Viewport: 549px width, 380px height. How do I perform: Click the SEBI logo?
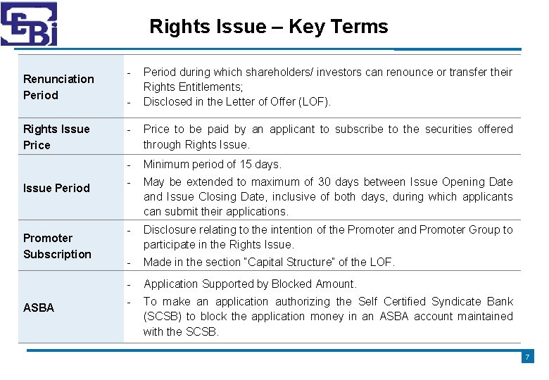tap(29, 24)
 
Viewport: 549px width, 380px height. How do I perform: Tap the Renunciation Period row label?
tap(58, 87)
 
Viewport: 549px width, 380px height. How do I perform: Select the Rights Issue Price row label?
tap(56, 137)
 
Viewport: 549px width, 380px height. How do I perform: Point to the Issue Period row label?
tap(56, 188)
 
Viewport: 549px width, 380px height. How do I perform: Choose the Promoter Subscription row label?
tap(57, 246)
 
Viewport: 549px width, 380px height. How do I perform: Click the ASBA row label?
tap(39, 308)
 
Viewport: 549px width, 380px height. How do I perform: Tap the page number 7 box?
tap(527, 357)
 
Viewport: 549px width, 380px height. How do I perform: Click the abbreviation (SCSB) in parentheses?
tap(163, 317)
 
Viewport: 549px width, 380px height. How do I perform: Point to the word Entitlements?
tap(208, 87)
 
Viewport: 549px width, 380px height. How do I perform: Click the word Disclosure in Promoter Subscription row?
tap(170, 229)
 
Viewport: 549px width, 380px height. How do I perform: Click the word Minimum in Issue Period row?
tap(167, 164)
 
